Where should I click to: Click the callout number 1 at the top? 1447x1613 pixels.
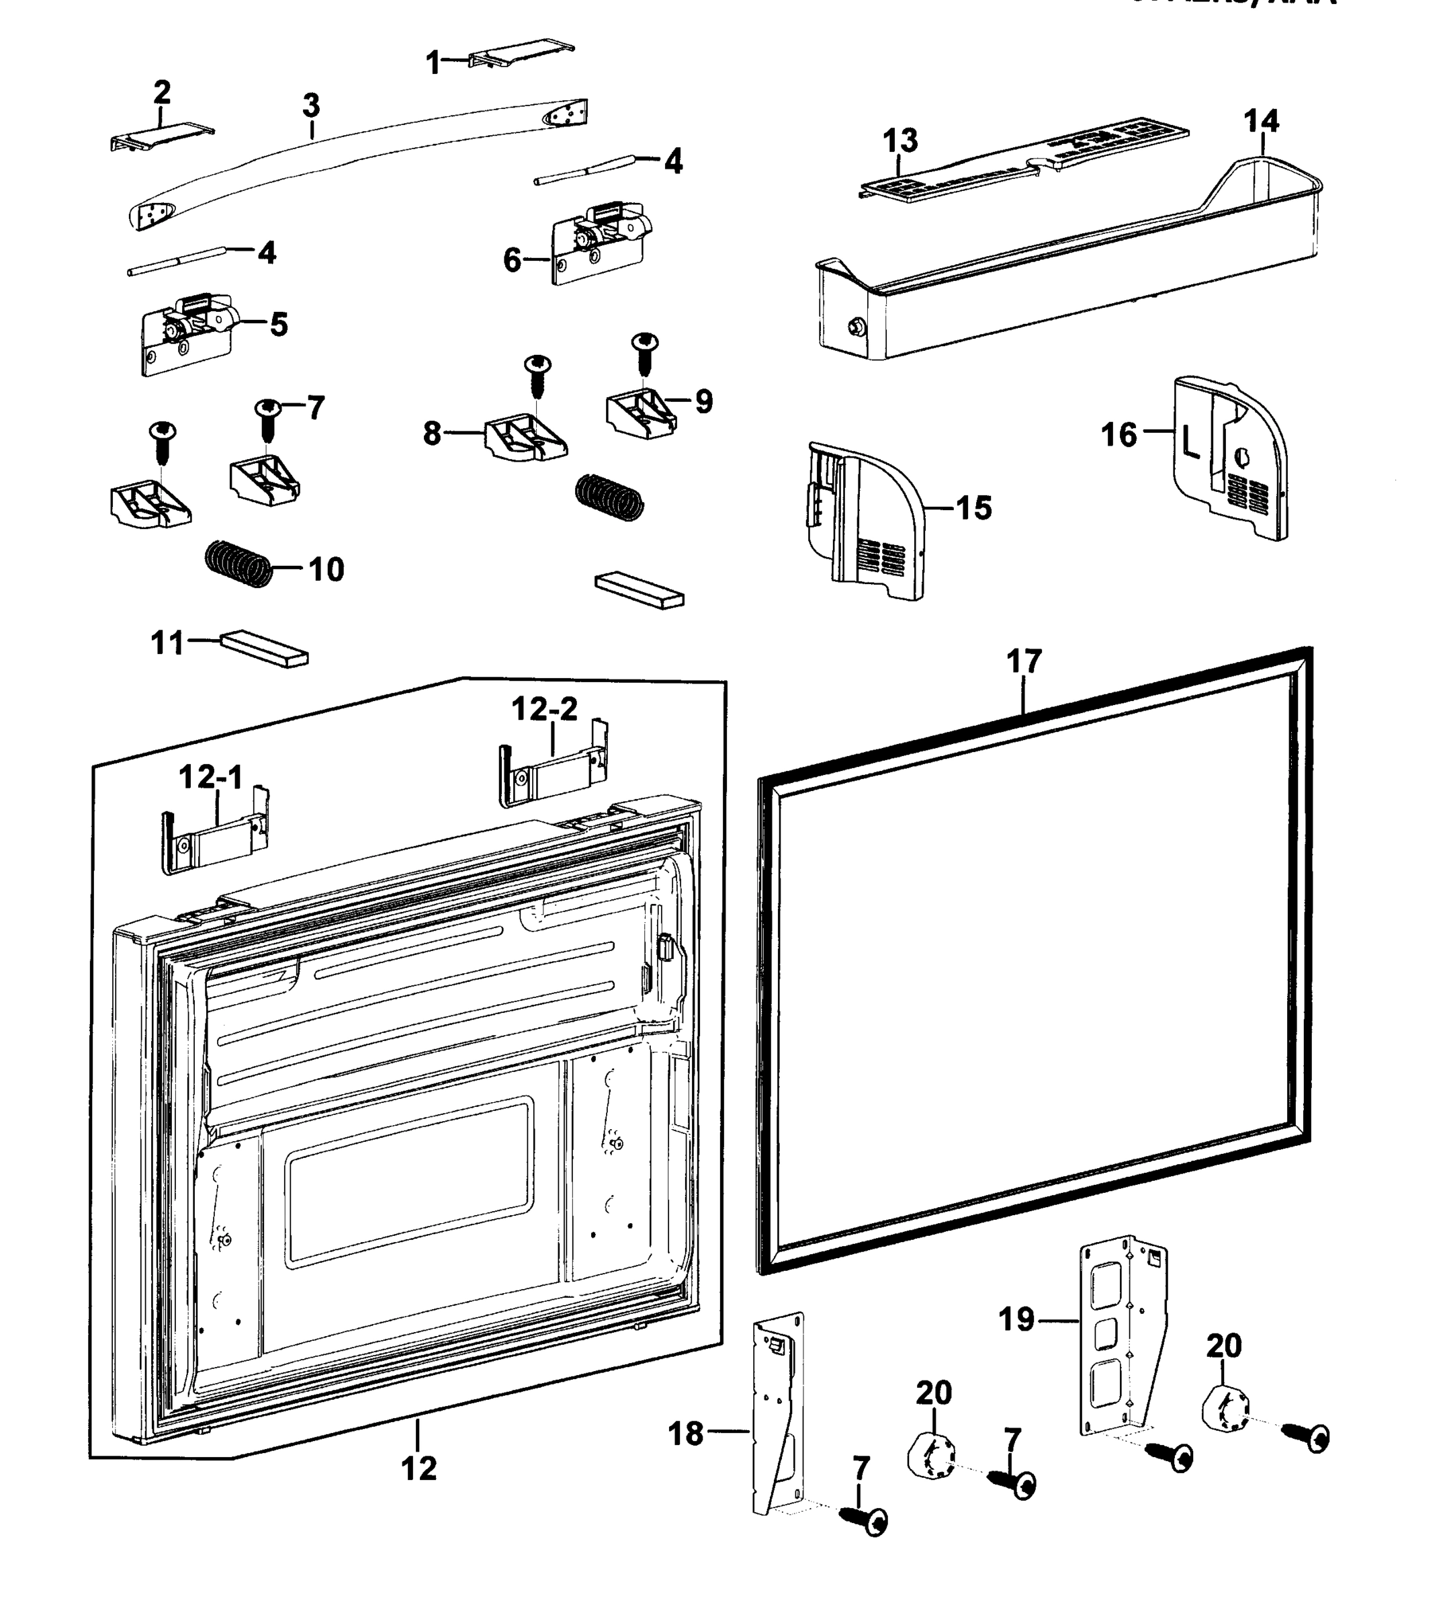(433, 62)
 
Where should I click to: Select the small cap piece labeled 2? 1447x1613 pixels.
(161, 137)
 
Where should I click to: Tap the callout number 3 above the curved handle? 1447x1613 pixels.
(311, 105)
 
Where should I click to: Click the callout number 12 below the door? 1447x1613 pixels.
(419, 1467)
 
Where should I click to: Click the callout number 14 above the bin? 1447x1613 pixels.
(1261, 122)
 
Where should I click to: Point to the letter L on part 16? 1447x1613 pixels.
(1190, 442)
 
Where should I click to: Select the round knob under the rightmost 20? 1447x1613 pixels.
(1225, 1409)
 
